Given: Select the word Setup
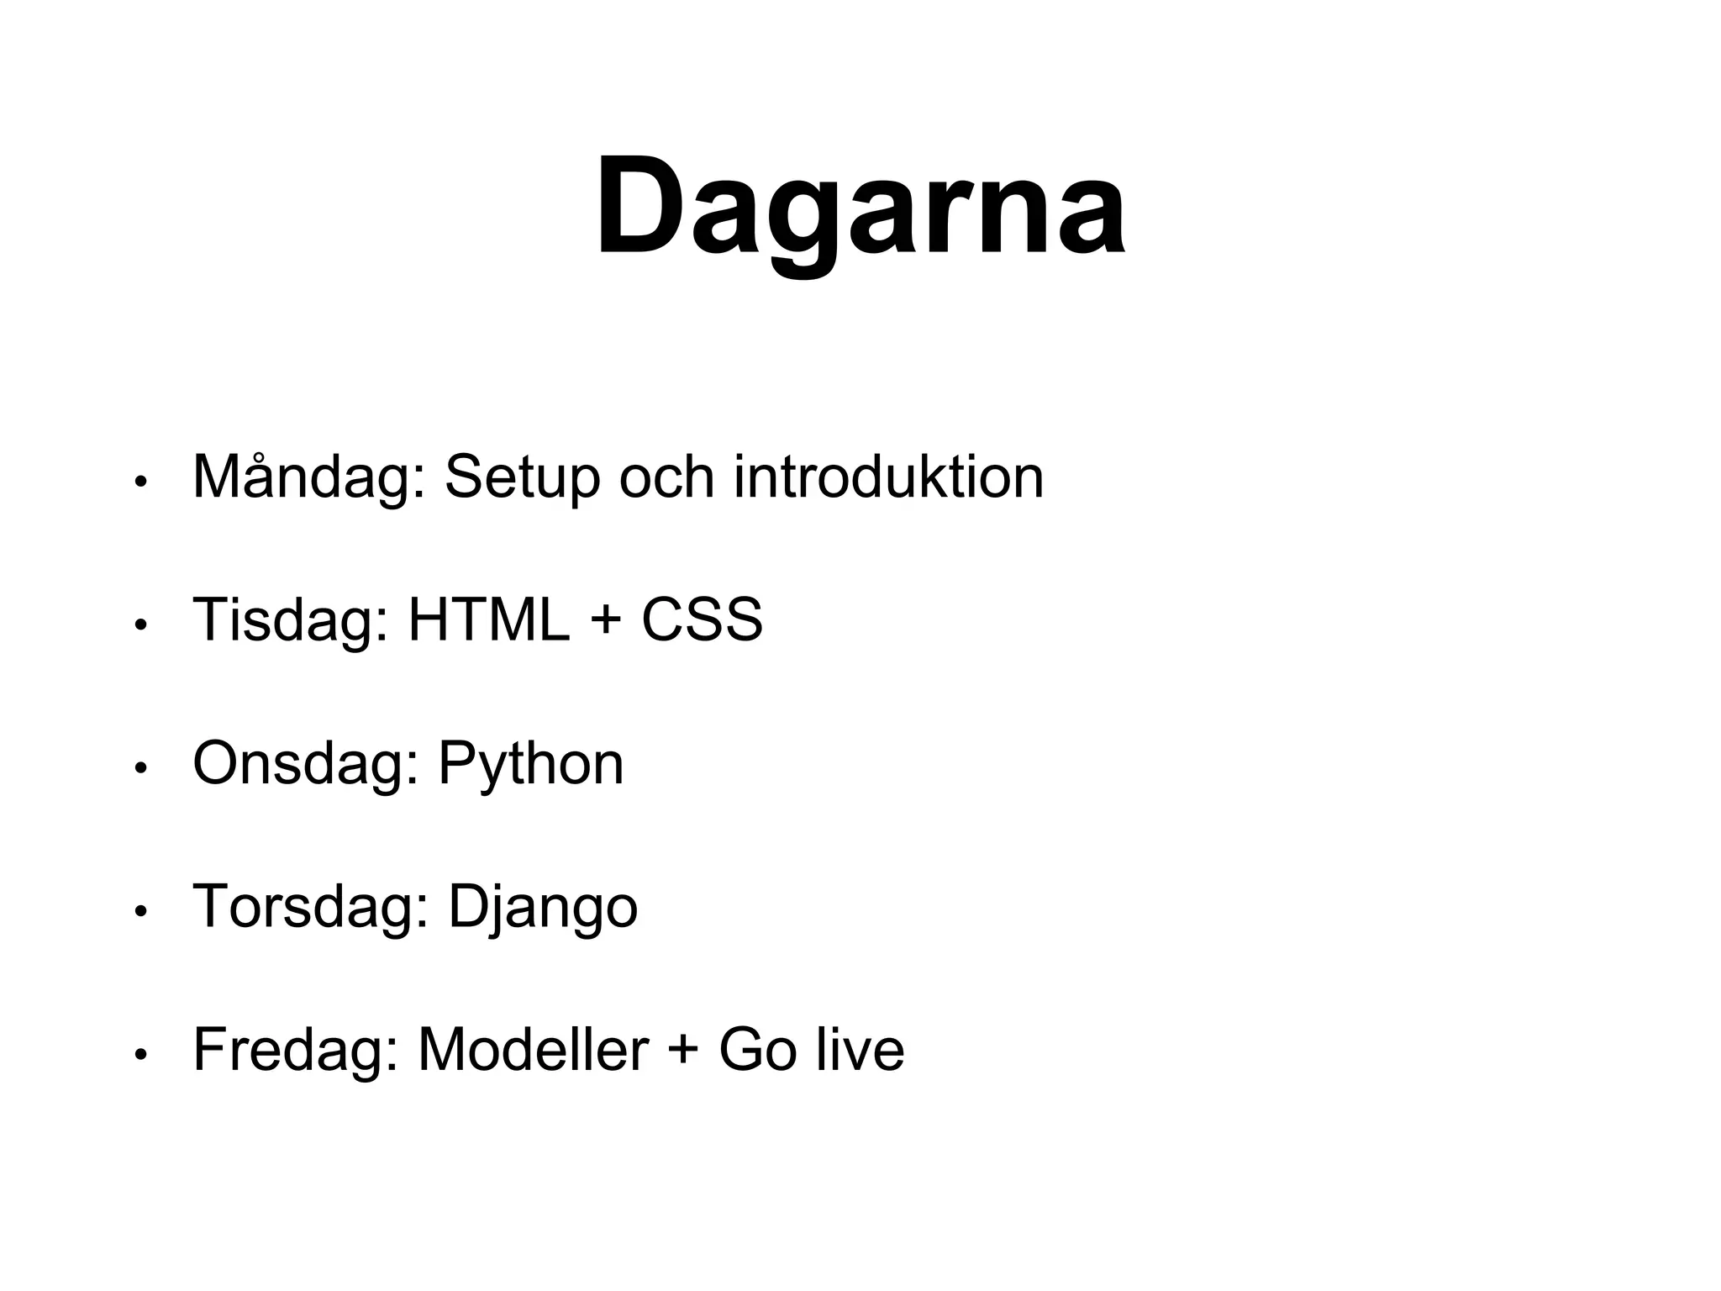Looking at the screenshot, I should (x=522, y=477).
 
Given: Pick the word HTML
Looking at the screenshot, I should (x=488, y=619).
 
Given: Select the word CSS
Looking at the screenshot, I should (x=702, y=619).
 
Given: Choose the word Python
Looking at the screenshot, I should (x=530, y=764).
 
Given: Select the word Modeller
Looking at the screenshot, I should (x=533, y=1050).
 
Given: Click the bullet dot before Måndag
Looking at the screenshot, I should (x=141, y=482).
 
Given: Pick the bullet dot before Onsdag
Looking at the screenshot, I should (x=141, y=768).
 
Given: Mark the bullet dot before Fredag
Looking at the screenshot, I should (x=141, y=1054).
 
